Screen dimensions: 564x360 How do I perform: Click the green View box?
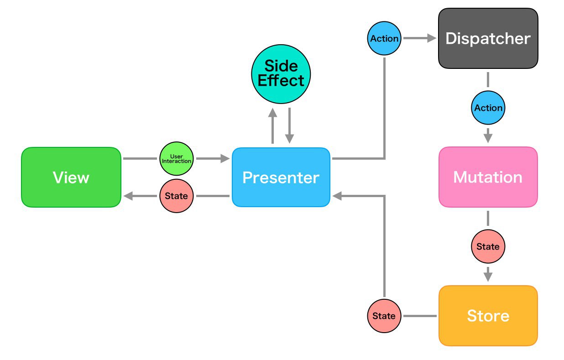[71, 177]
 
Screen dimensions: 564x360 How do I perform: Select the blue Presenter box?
[281, 177]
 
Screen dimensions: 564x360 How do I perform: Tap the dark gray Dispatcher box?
[488, 38]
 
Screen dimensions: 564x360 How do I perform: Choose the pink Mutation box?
[488, 177]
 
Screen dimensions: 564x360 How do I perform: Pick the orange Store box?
[488, 316]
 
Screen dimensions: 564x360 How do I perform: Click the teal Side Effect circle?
[281, 74]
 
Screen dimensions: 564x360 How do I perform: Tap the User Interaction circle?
[177, 159]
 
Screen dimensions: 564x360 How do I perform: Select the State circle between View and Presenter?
[177, 196]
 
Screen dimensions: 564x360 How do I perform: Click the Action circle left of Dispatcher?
[384, 38]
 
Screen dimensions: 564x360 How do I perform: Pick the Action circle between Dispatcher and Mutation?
[488, 108]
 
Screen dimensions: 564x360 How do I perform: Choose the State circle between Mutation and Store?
[488, 246]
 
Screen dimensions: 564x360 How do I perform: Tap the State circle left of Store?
[384, 316]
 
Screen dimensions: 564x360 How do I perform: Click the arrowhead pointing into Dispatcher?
[432, 38]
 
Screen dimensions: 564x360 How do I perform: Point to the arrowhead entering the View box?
[128, 196]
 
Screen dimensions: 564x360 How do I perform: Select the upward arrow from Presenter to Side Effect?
[273, 126]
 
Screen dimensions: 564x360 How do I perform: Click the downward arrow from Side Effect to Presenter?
[289, 126]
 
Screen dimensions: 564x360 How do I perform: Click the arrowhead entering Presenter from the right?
[337, 196]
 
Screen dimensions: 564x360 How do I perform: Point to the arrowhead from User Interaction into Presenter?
[225, 159]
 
